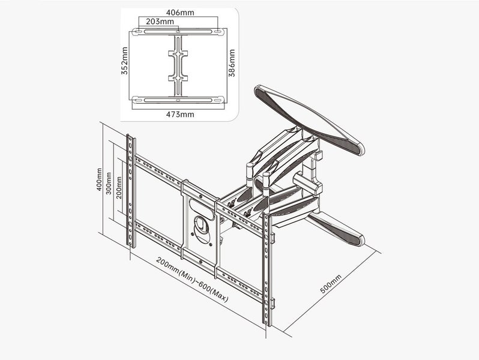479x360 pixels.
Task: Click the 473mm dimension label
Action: [x=179, y=113]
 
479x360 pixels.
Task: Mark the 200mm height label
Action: [x=119, y=188]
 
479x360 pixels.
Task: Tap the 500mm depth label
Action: [x=331, y=284]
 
